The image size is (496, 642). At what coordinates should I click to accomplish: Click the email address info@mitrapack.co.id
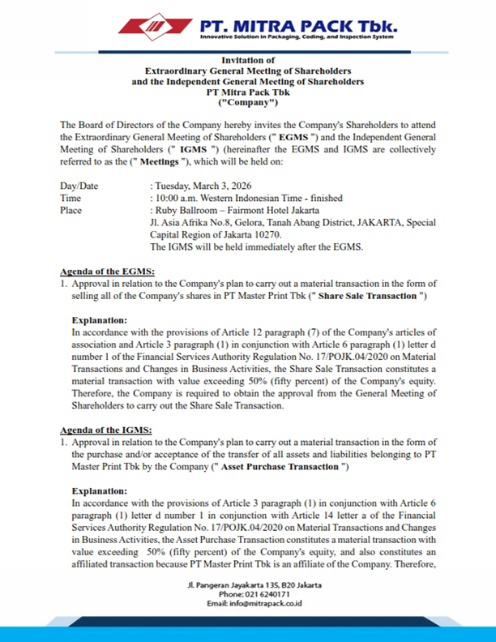click(267, 605)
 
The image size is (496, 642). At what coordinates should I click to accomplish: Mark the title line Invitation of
click(247, 60)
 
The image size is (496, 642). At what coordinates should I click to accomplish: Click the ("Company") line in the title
click(247, 103)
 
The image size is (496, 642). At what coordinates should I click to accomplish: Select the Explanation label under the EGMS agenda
click(100, 320)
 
